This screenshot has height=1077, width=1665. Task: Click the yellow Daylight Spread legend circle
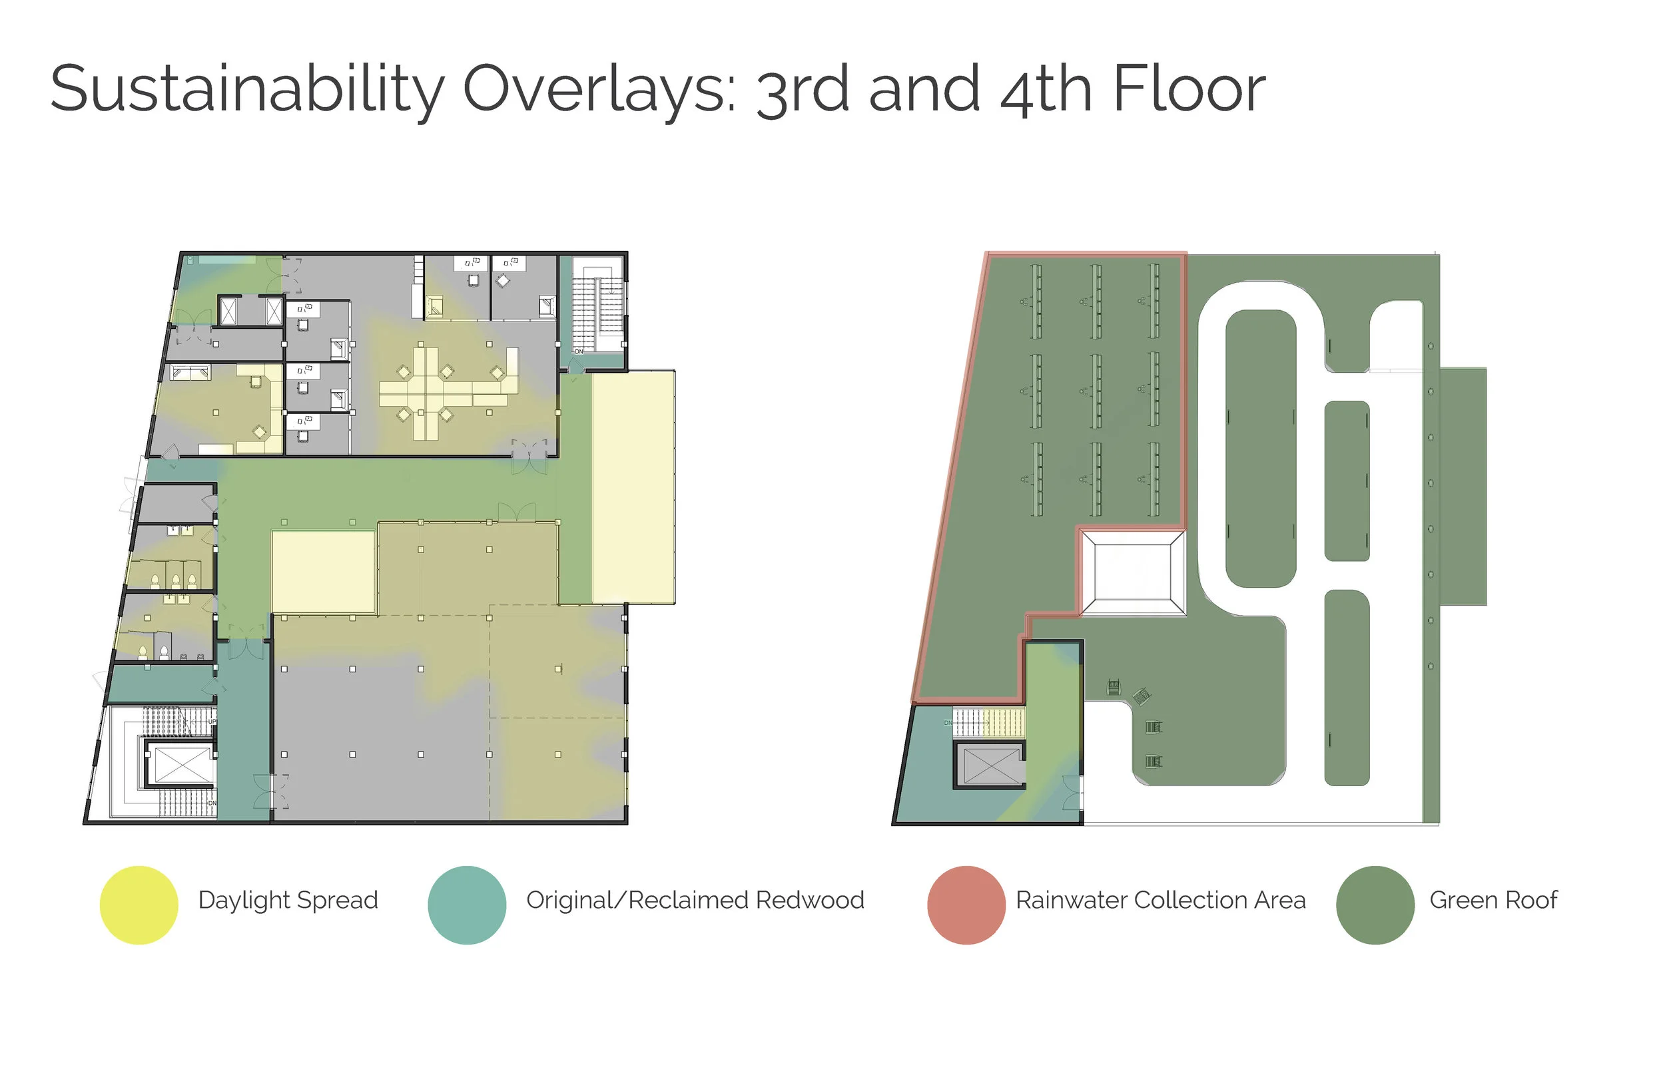139,905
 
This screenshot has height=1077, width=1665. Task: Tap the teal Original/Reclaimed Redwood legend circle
467,905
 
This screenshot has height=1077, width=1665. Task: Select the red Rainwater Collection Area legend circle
966,905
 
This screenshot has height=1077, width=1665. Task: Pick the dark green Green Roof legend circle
1375,905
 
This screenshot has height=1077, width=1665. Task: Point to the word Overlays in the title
600,89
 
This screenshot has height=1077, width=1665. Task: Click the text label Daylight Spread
288,901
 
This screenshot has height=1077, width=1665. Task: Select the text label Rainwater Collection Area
1161,900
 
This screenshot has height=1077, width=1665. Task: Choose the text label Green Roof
1494,900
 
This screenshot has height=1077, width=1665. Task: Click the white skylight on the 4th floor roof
1133,572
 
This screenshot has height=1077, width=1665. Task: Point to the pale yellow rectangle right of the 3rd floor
633,487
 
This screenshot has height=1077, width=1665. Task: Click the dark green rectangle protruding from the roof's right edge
1463,487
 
